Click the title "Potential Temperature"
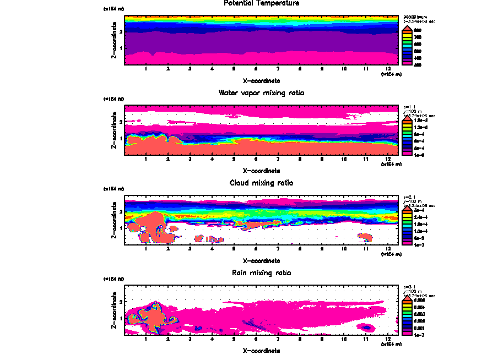coord(262,3)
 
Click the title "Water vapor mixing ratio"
coord(262,93)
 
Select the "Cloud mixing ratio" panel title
coord(262,183)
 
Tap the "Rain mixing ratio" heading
coord(262,273)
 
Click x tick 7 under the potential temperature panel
coord(278,69)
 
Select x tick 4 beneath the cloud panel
coord(212,249)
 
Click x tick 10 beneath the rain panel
coord(344,339)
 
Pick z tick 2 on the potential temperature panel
coord(121,31)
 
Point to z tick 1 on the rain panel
coord(121,318)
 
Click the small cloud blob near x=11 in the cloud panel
coord(365,237)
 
